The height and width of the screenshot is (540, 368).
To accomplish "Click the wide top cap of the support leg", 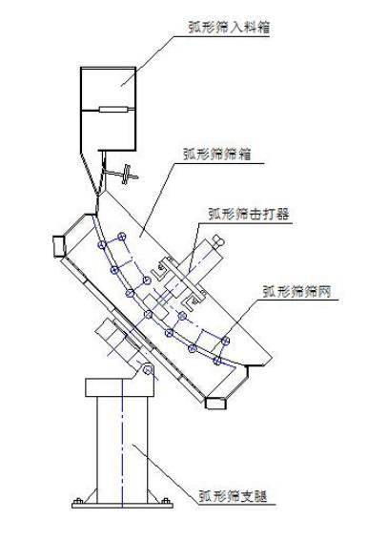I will point(120,386).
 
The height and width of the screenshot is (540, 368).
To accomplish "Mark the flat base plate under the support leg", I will point(120,505).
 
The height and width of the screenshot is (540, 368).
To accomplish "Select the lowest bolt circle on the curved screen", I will point(218,362).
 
